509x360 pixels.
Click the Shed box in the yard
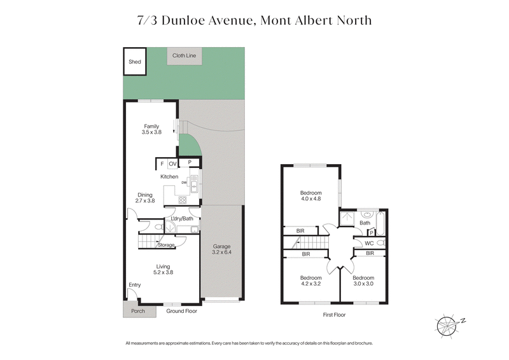pos(135,62)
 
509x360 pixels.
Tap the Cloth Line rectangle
pos(184,56)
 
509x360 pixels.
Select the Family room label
pos(151,126)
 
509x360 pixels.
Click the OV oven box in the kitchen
pos(172,163)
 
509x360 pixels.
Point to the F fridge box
pos(162,163)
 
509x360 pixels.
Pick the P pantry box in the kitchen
pos(190,163)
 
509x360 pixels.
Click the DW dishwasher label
pos(184,183)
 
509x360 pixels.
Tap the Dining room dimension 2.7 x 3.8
pos(145,201)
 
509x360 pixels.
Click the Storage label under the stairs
pos(166,245)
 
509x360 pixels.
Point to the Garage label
pos(221,246)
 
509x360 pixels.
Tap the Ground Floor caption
pos(182,311)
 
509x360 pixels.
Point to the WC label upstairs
pos(368,243)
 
